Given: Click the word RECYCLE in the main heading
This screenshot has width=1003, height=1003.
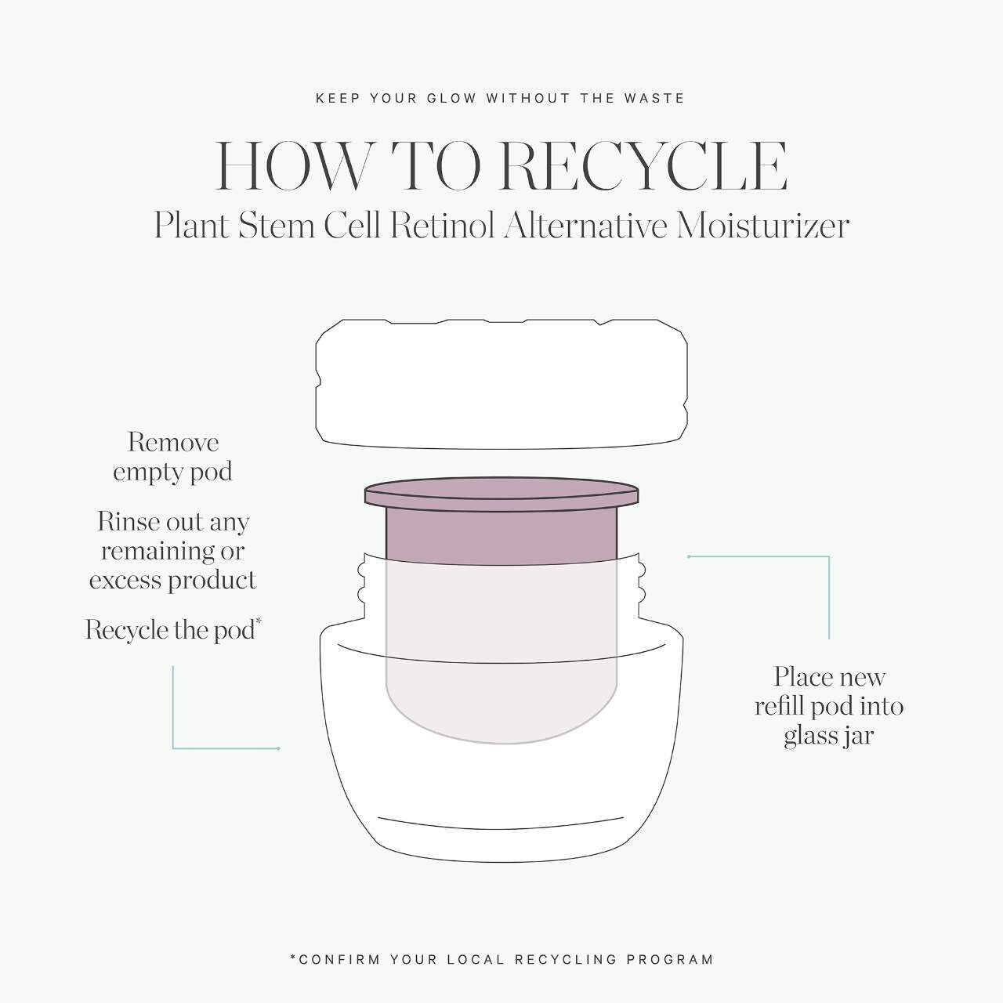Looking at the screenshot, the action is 643,166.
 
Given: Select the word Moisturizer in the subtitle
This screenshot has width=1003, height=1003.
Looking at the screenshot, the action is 762,226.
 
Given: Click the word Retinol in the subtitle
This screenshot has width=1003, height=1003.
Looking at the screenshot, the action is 442,226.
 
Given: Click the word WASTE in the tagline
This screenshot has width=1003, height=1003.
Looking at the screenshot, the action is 654,98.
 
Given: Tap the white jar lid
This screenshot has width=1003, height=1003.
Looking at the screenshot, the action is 501,384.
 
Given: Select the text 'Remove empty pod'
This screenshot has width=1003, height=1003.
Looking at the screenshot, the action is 172,457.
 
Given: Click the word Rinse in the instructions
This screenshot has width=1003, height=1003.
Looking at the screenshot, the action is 129,522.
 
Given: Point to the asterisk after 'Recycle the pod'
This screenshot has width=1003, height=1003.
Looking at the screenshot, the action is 259,621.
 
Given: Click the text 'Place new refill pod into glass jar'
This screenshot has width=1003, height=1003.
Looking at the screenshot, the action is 828,706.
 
